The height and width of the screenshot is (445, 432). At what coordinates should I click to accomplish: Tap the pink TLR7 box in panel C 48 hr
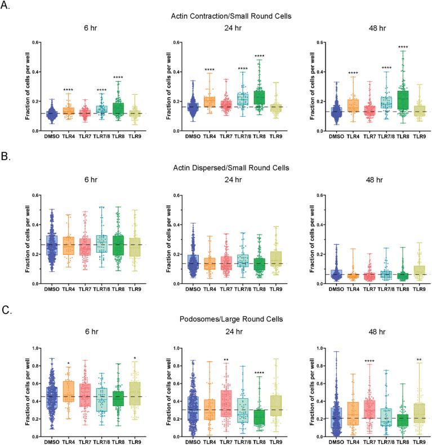(x=368, y=402)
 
